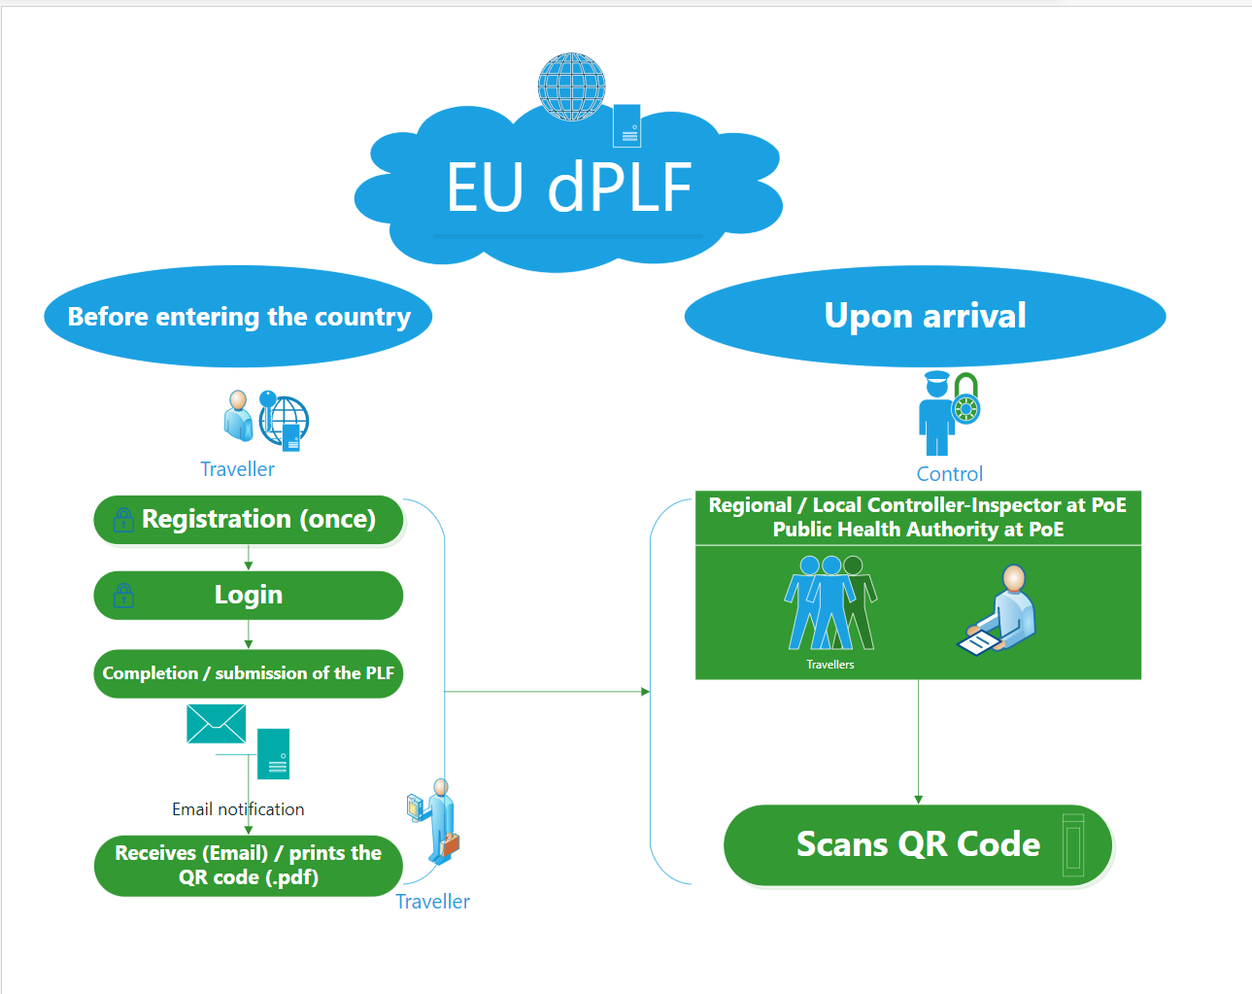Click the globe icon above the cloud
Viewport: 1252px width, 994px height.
(x=572, y=86)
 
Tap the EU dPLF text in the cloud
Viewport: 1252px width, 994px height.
(x=569, y=188)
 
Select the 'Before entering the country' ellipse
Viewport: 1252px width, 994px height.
(x=238, y=317)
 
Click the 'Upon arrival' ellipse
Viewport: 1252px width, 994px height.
(x=925, y=316)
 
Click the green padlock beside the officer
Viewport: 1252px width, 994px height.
(x=966, y=399)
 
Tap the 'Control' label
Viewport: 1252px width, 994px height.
(x=949, y=474)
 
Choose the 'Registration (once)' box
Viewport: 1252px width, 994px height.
(x=249, y=520)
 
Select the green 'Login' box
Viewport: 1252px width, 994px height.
(x=249, y=595)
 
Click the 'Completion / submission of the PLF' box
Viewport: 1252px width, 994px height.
(x=249, y=673)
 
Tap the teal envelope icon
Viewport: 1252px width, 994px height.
(x=216, y=724)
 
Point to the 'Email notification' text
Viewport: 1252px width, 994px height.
(x=238, y=809)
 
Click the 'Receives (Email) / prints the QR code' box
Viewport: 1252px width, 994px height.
(x=249, y=865)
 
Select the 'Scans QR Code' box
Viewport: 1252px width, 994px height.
(x=918, y=844)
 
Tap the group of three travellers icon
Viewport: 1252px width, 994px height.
(x=830, y=602)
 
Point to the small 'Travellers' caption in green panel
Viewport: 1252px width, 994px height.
(x=830, y=665)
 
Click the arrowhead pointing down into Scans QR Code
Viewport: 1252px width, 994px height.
(x=918, y=799)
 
